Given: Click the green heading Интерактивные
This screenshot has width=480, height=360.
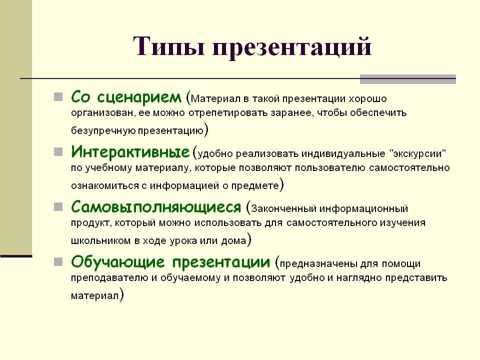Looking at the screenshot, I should coord(130,151).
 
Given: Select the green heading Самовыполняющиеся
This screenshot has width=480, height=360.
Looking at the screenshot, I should coord(156,206).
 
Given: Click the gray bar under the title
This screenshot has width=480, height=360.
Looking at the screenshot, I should coord(408,79).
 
